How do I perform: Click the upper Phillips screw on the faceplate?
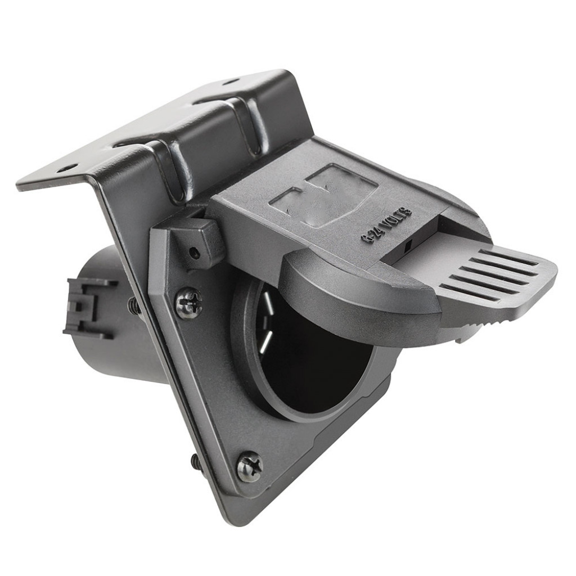188,303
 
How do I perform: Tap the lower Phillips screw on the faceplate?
249,466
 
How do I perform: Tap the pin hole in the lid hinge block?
195,253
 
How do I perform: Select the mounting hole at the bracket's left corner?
67,168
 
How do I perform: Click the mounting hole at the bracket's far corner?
230,82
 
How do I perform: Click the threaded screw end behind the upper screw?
134,306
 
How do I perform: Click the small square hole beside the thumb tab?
409,245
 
